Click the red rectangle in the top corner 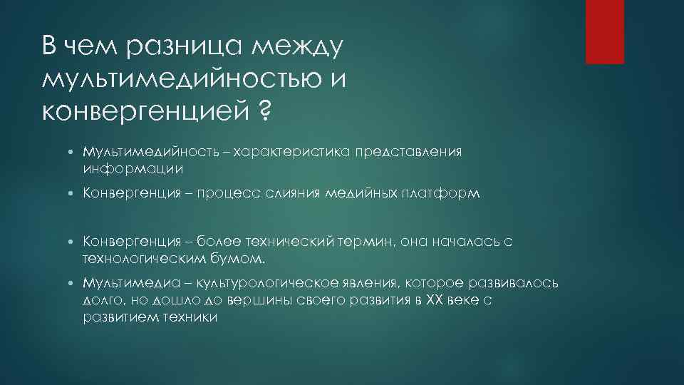[x=604, y=32]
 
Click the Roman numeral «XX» [x=432, y=300]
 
